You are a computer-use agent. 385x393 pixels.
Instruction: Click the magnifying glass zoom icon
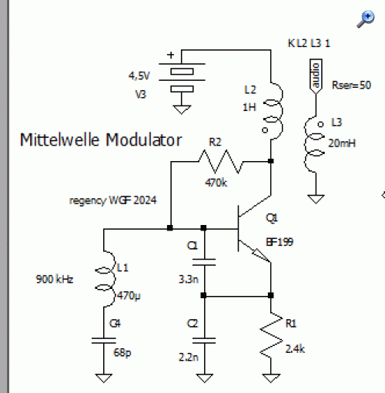(x=366, y=19)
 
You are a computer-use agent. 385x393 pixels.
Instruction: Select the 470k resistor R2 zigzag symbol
(x=220, y=162)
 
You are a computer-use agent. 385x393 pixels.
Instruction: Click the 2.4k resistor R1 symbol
(x=271, y=335)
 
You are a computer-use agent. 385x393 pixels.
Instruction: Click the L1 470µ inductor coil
(x=105, y=279)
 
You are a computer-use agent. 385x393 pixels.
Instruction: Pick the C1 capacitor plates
(x=204, y=262)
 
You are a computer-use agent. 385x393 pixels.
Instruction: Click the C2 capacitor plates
(x=204, y=341)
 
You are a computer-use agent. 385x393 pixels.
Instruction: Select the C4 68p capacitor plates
(x=104, y=341)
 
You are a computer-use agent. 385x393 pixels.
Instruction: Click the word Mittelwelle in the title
(x=59, y=140)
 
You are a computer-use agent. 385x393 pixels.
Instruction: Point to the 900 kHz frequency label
(x=55, y=279)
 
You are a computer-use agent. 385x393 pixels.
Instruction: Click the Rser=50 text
(x=351, y=85)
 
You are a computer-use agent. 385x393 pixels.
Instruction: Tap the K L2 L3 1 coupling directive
(x=309, y=43)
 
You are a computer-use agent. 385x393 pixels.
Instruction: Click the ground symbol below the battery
(x=182, y=109)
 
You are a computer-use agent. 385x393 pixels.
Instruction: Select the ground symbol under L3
(x=316, y=199)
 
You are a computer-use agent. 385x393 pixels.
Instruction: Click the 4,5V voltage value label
(x=139, y=76)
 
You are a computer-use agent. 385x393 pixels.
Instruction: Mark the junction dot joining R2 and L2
(x=271, y=161)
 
